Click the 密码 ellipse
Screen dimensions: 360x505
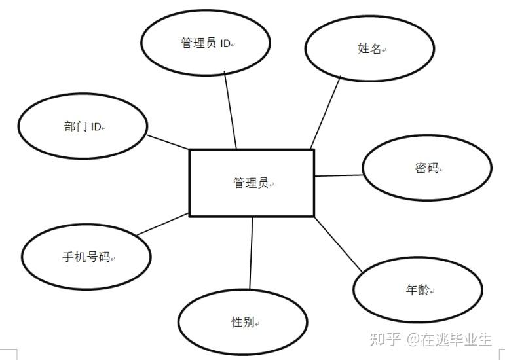426,168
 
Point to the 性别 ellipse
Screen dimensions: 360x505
242,323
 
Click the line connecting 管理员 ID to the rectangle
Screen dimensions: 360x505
230,110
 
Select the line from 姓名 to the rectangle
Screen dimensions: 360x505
326,112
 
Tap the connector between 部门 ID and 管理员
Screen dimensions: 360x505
168,142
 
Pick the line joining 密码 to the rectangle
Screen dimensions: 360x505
338,175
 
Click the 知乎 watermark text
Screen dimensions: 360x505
385,339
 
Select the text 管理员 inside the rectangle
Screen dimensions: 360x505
250,183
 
